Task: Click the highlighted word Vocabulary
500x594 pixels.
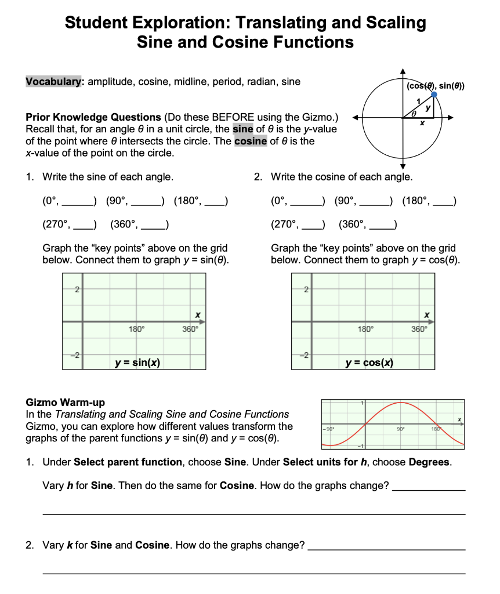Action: click(55, 82)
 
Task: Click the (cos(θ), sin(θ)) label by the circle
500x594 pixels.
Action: click(436, 86)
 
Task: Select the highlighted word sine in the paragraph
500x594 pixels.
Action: click(242, 129)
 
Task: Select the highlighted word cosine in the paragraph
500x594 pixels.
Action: click(251, 141)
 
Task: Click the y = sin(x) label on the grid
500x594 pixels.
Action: click(137, 363)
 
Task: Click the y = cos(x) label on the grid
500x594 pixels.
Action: click(369, 363)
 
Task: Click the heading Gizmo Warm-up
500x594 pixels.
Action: click(66, 402)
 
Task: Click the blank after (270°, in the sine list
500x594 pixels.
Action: click(83, 224)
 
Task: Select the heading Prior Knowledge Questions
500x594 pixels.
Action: click(93, 117)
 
